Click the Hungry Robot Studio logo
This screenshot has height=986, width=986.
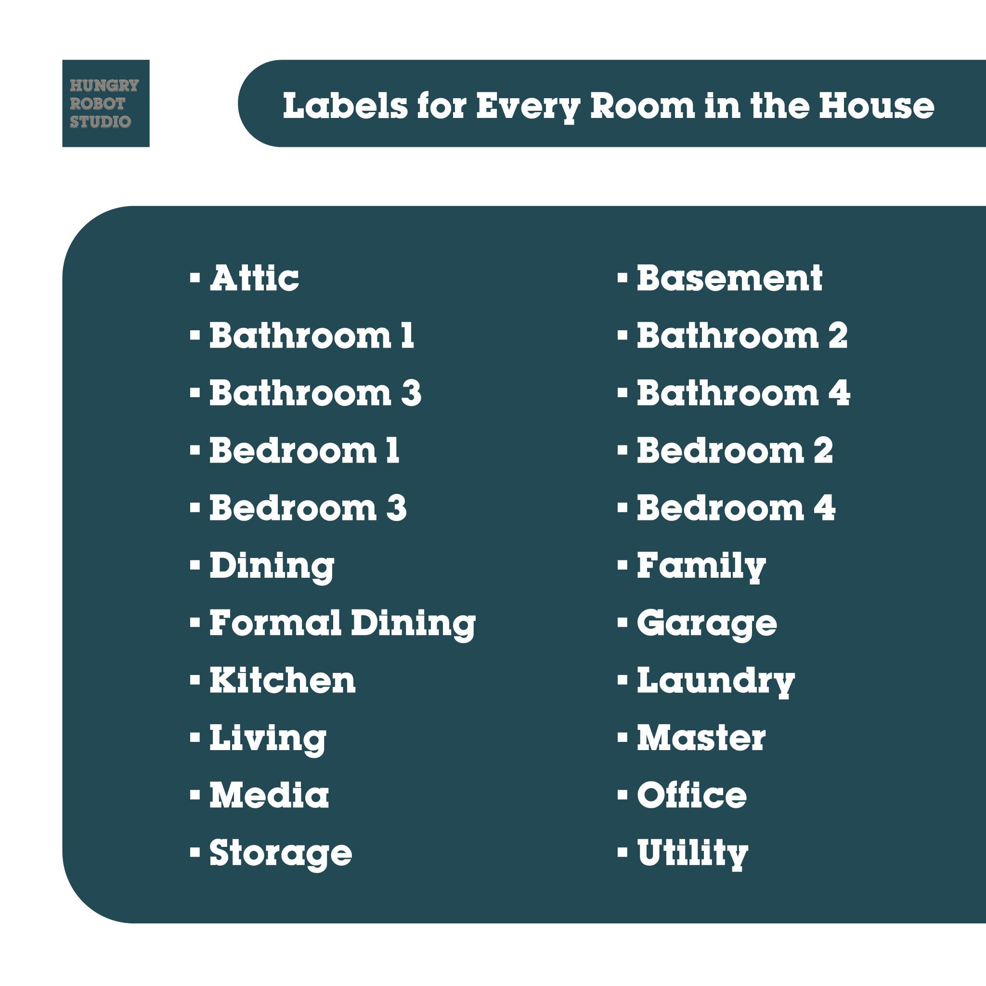coord(105,104)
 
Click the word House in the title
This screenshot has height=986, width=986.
coord(876,105)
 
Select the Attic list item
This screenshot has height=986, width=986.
coord(254,278)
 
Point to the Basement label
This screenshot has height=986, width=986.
coord(729,278)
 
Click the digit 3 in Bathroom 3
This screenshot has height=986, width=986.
coord(411,393)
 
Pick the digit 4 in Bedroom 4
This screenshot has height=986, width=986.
coord(824,508)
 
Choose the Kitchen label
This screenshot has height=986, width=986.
coord(282,680)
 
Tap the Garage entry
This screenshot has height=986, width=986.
coord(706,623)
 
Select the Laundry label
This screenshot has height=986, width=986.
coord(715,681)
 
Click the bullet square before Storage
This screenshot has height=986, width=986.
coord(195,853)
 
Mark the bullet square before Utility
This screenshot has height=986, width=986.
coord(622,853)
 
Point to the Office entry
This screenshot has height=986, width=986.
coord(691,795)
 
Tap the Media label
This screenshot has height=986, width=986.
coord(269,795)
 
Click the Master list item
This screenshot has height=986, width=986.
coord(701,738)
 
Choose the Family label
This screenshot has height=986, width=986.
coord(701,567)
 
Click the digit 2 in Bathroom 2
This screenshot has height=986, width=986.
coord(838,336)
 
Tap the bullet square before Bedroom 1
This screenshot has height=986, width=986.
coord(195,451)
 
